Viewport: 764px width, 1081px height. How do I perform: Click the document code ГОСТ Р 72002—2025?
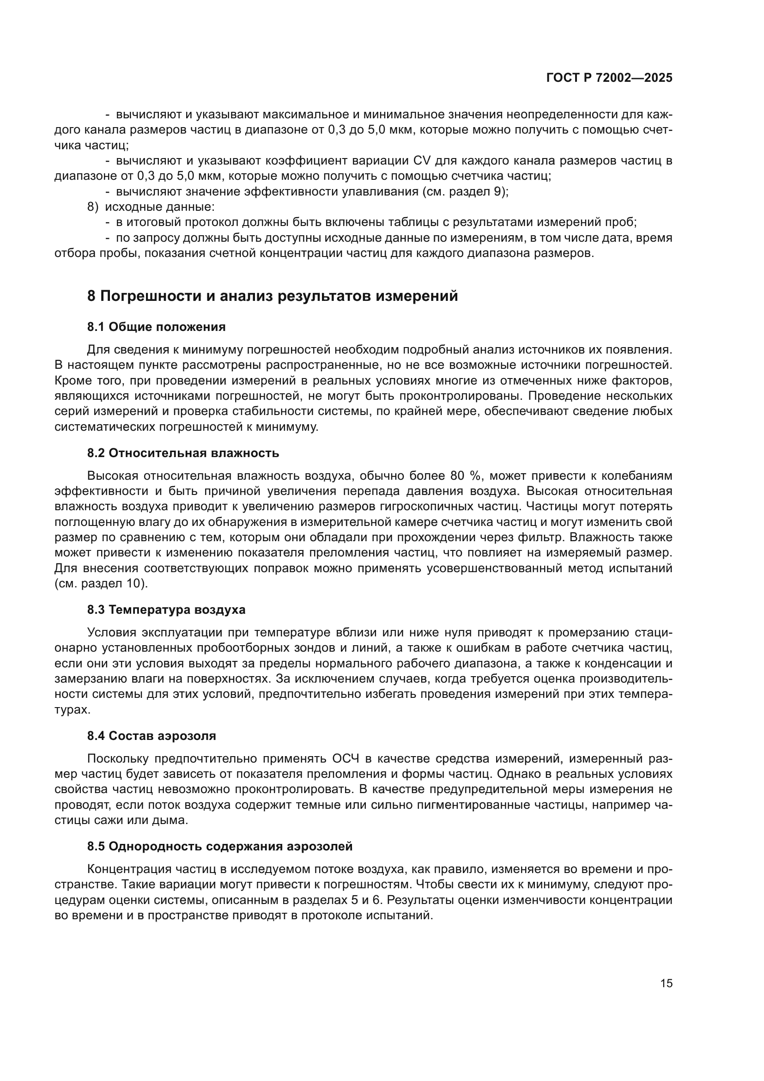coord(609,78)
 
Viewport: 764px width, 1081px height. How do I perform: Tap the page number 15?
coord(666,983)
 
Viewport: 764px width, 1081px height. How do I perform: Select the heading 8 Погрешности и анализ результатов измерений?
coord(273,296)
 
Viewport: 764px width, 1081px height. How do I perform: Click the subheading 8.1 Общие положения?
coord(156,327)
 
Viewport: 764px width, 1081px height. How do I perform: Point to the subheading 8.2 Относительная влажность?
coord(183,453)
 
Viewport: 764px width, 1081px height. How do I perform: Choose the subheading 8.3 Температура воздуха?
coord(166,610)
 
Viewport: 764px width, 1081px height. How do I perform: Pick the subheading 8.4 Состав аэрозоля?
coord(152,735)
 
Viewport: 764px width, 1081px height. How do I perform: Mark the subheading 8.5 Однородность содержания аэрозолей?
coord(220,846)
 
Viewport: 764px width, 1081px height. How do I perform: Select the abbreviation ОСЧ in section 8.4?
coord(346,758)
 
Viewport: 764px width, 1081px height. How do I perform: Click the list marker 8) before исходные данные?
coord(93,207)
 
